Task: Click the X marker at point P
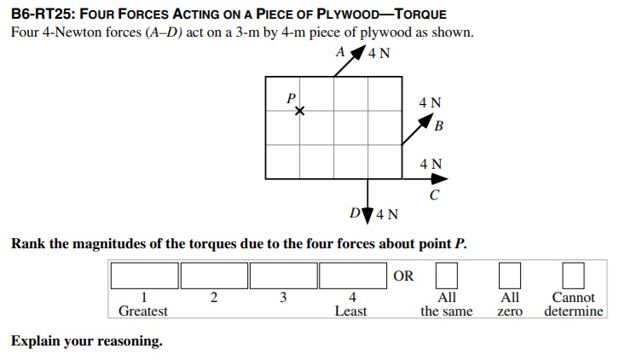click(x=298, y=111)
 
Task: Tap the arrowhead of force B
click(x=431, y=123)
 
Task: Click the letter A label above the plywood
click(x=341, y=51)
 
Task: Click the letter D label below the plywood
click(x=355, y=212)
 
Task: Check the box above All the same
click(x=447, y=276)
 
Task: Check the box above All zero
click(x=509, y=276)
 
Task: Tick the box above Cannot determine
click(x=573, y=276)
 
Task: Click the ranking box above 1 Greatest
click(x=144, y=276)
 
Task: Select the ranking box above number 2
click(x=214, y=276)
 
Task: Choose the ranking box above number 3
click(x=284, y=276)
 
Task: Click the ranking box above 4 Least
click(x=353, y=276)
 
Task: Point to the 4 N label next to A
click(x=379, y=53)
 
